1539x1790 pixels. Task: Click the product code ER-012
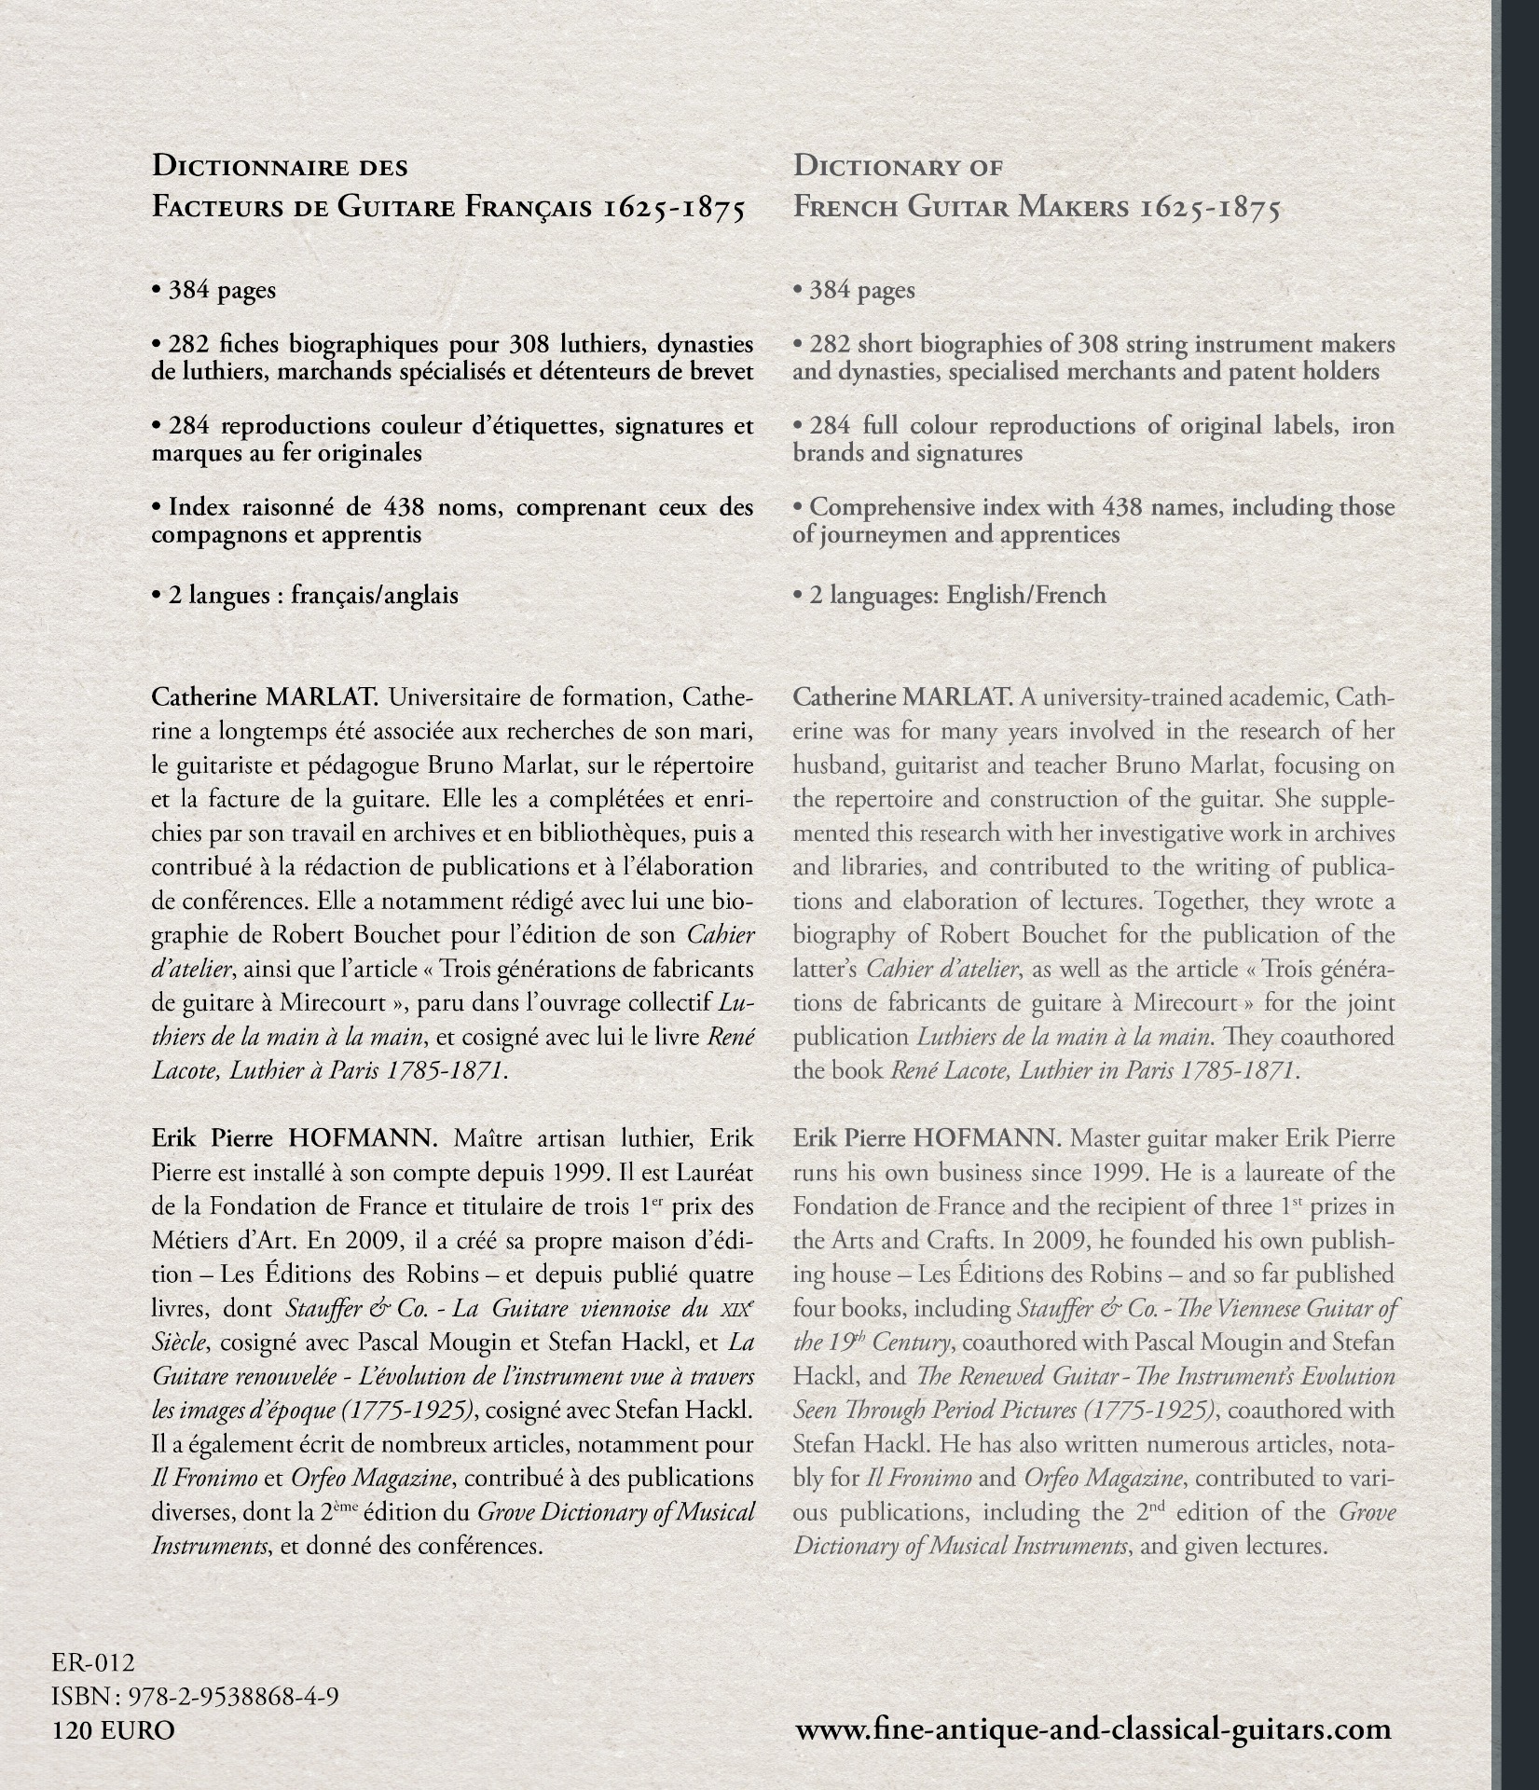(x=95, y=1662)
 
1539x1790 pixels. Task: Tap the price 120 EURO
(x=115, y=1730)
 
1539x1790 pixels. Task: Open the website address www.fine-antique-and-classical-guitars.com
(x=1092, y=1729)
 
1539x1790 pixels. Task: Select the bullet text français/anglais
(x=375, y=595)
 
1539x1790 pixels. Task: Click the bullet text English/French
(x=1026, y=595)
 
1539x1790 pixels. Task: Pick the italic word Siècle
(x=184, y=1342)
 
